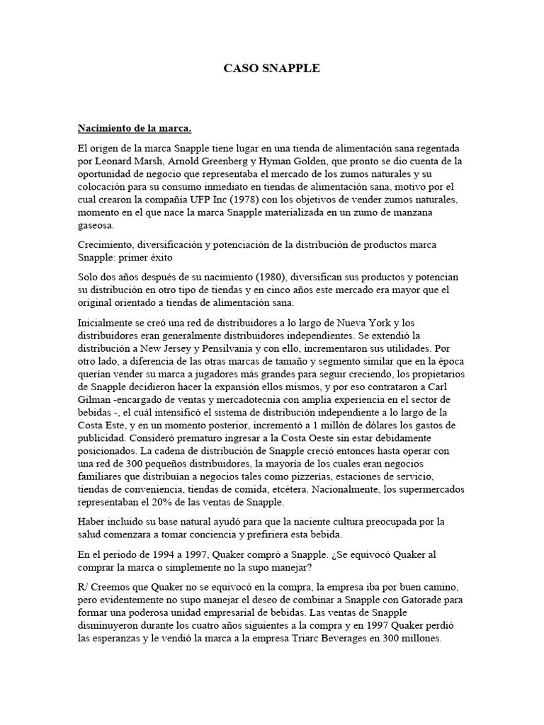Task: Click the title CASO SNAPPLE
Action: click(272, 69)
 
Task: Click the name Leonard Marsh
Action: click(130, 161)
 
